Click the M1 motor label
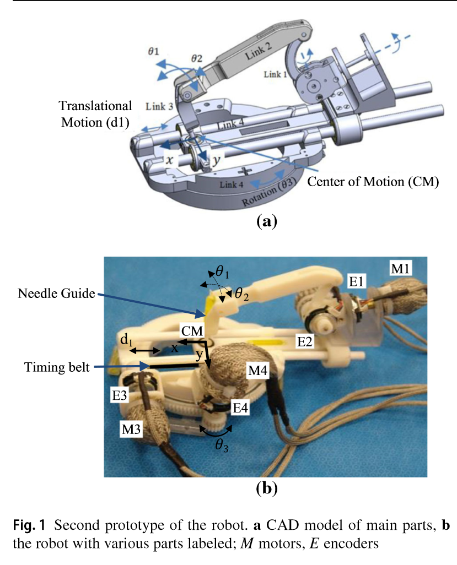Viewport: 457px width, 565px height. tap(400, 268)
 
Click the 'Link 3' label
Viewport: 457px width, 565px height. tap(159, 106)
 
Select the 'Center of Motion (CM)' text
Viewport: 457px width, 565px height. tap(373, 182)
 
